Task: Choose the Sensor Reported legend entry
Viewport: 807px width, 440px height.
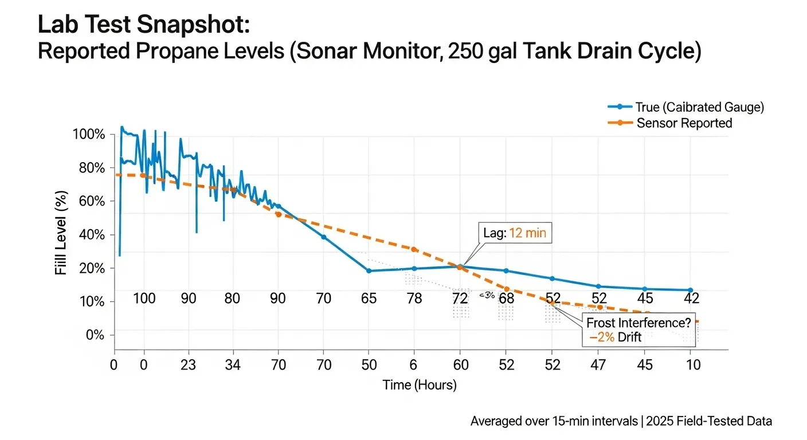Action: tap(684, 123)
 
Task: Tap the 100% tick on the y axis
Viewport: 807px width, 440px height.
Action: tap(89, 135)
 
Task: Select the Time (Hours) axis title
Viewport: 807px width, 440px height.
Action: tap(420, 385)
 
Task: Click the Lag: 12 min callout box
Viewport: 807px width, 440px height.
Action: tap(514, 233)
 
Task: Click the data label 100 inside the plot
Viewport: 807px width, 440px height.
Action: tap(144, 298)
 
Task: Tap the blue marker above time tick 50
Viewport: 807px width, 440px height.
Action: tap(369, 270)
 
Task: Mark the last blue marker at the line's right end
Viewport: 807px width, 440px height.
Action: tap(690, 290)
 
